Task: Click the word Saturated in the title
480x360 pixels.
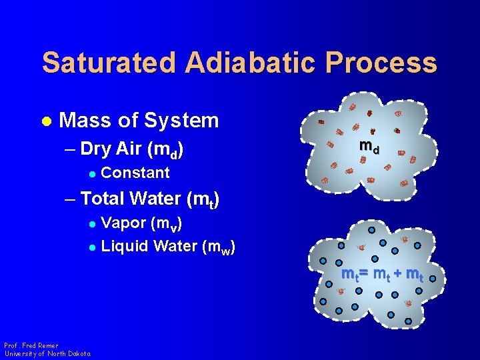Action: [x=109, y=63]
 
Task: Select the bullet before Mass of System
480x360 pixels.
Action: [x=46, y=121]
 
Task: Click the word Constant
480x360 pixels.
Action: [x=135, y=173]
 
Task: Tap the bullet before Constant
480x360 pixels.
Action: [x=93, y=173]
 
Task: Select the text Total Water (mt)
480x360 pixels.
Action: [x=150, y=199]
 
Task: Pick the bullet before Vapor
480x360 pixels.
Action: [x=93, y=223]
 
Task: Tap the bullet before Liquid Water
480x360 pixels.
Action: [x=93, y=247]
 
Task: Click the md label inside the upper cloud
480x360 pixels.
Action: [x=369, y=146]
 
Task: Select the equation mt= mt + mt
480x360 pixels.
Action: [x=381, y=274]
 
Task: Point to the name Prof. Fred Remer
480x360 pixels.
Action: [x=31, y=345]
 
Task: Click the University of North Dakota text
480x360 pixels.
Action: [x=47, y=353]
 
